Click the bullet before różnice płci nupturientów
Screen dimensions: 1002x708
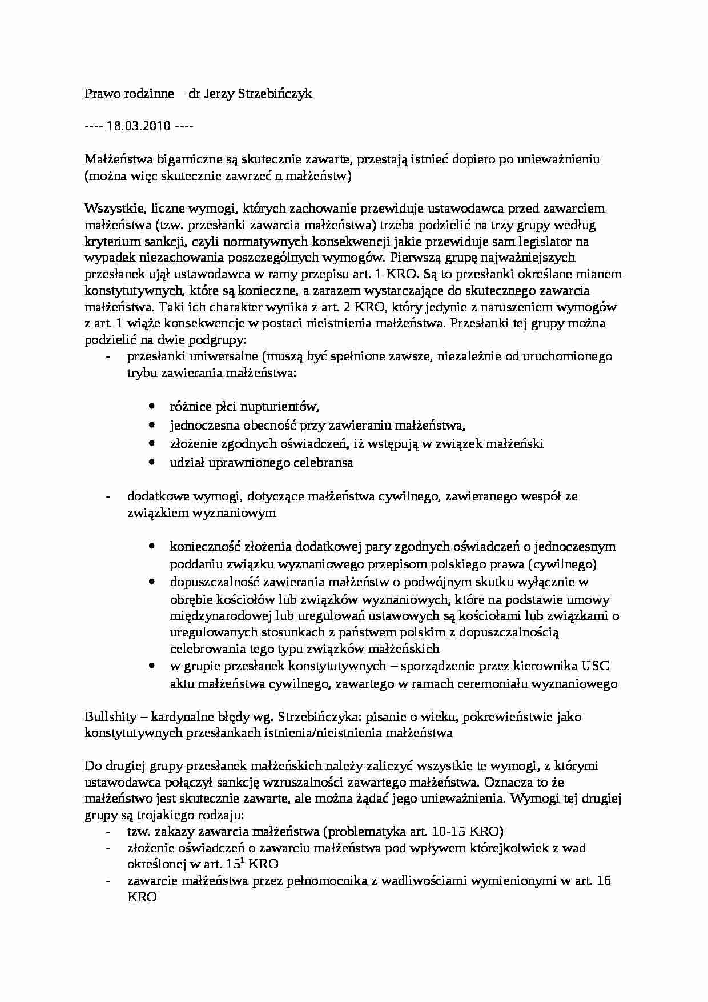(x=151, y=407)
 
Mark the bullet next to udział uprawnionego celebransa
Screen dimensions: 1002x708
(x=151, y=462)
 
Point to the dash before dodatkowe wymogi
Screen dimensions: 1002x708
(x=108, y=496)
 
